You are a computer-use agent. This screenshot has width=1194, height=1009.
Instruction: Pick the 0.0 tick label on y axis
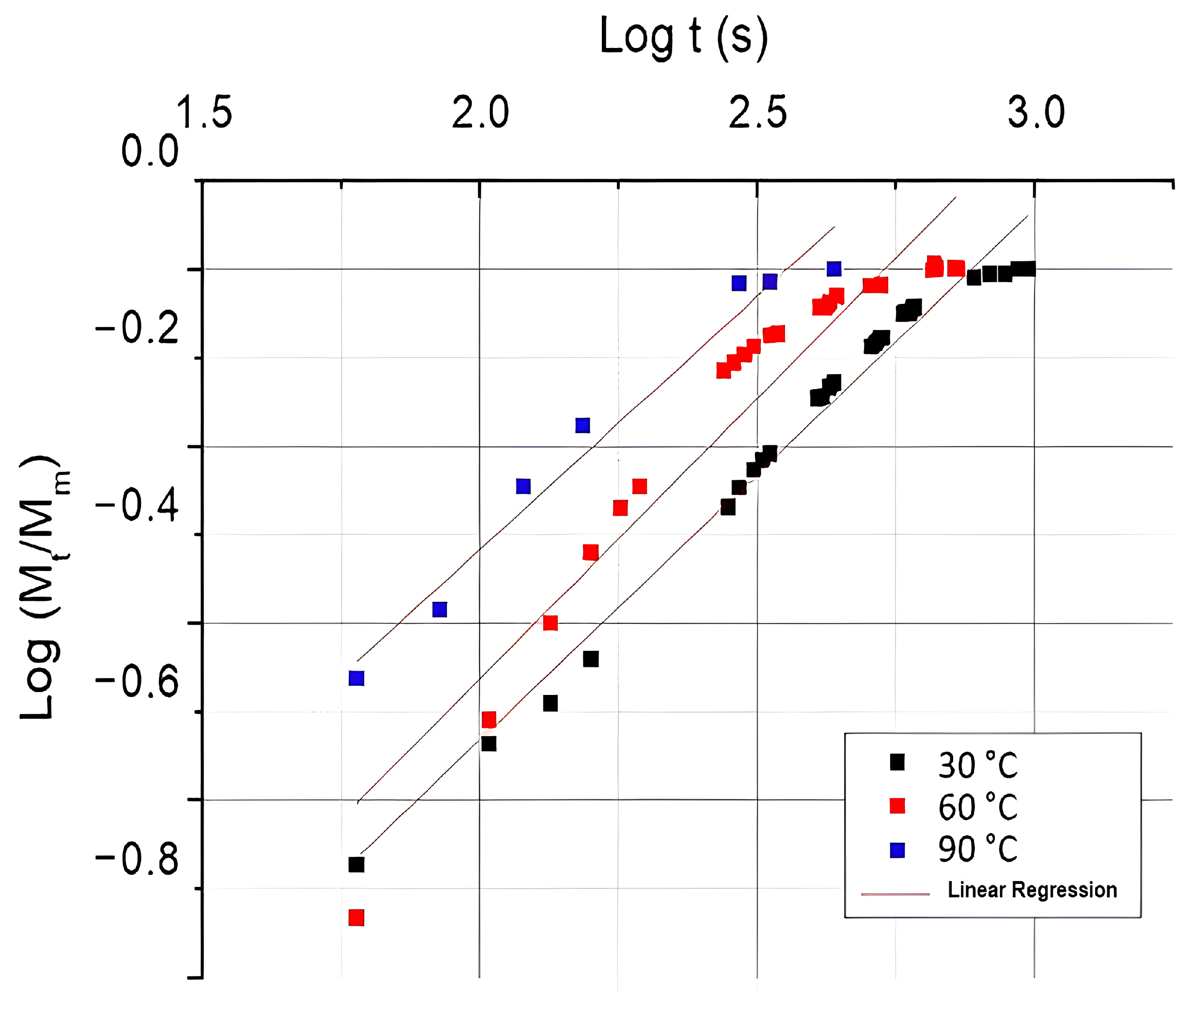click(150, 152)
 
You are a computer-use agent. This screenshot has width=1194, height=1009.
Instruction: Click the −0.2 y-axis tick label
click(137, 329)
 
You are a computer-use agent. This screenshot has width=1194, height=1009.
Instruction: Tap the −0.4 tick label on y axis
click(137, 506)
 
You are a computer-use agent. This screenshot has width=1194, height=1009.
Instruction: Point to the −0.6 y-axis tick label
click(137, 682)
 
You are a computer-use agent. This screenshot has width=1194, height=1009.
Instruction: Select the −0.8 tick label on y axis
click(137, 860)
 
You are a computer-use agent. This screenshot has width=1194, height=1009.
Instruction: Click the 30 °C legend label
click(978, 765)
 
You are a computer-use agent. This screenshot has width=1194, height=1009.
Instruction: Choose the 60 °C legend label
click(978, 807)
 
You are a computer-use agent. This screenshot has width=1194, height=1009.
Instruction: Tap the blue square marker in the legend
click(897, 850)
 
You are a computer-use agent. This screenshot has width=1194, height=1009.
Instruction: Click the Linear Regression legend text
click(1032, 890)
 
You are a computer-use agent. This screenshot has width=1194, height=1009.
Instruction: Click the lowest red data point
click(356, 917)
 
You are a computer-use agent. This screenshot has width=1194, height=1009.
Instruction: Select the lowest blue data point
click(356, 678)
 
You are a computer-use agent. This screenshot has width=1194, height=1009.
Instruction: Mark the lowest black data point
click(356, 864)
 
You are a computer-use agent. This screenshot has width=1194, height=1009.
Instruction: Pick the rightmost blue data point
click(834, 269)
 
